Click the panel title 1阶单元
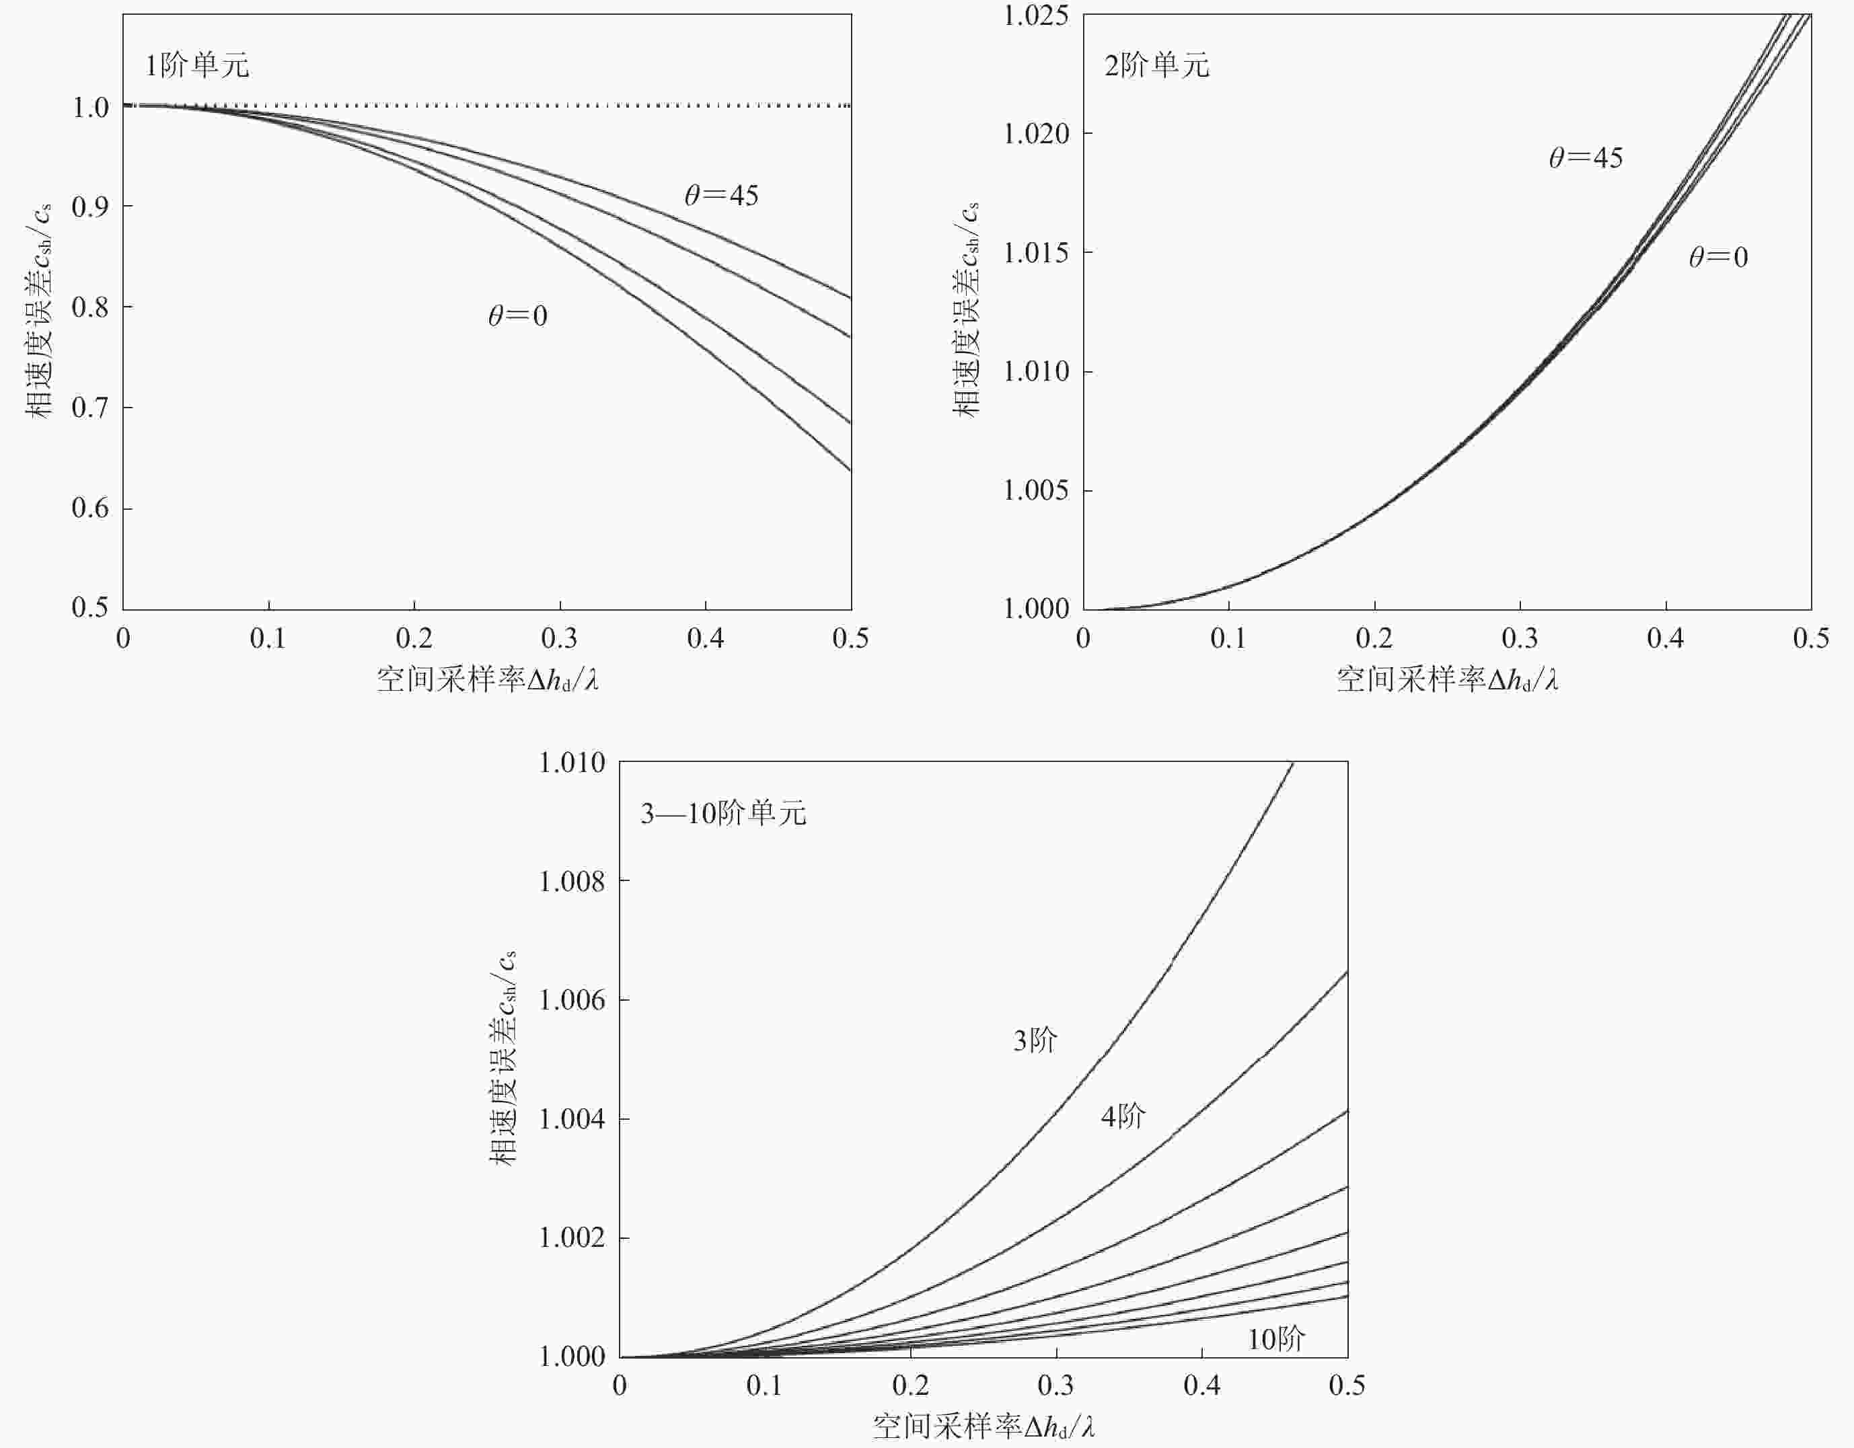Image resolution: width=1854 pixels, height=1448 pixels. tap(197, 65)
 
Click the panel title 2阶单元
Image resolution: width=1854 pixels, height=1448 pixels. tap(1157, 65)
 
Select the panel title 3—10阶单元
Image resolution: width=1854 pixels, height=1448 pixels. tap(723, 814)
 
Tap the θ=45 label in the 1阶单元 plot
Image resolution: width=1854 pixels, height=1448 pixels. tap(722, 196)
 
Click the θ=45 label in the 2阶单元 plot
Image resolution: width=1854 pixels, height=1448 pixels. tap(1586, 158)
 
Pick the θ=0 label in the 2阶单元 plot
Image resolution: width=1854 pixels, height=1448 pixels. tap(1718, 257)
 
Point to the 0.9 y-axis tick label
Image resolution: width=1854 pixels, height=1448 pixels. tap(90, 206)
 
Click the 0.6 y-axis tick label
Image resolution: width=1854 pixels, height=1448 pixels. tap(90, 508)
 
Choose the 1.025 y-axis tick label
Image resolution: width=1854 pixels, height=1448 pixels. tap(1037, 15)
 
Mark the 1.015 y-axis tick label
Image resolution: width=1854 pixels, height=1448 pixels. tap(1037, 253)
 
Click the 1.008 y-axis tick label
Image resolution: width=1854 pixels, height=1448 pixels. tap(572, 882)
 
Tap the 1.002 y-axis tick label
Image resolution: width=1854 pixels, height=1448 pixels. tap(572, 1238)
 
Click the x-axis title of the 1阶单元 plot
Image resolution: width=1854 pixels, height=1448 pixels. tap(487, 680)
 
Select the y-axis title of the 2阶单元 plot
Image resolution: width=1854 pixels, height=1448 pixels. tap(965, 310)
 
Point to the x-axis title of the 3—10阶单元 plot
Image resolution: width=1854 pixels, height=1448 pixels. tap(983, 1426)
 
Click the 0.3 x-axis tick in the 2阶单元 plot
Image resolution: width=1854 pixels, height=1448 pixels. tap(1520, 638)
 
